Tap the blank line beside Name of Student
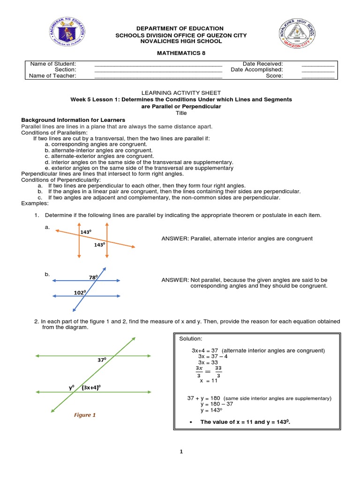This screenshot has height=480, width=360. coord(158,64)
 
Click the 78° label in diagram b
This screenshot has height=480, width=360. coord(93,277)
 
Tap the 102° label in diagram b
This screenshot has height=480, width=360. coord(80,292)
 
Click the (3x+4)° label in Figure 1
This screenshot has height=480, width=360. coord(91,388)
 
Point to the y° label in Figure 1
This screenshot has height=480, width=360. coord(72,388)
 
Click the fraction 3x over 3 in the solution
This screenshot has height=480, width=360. coord(199,371)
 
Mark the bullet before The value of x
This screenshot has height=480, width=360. coord(190,422)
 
